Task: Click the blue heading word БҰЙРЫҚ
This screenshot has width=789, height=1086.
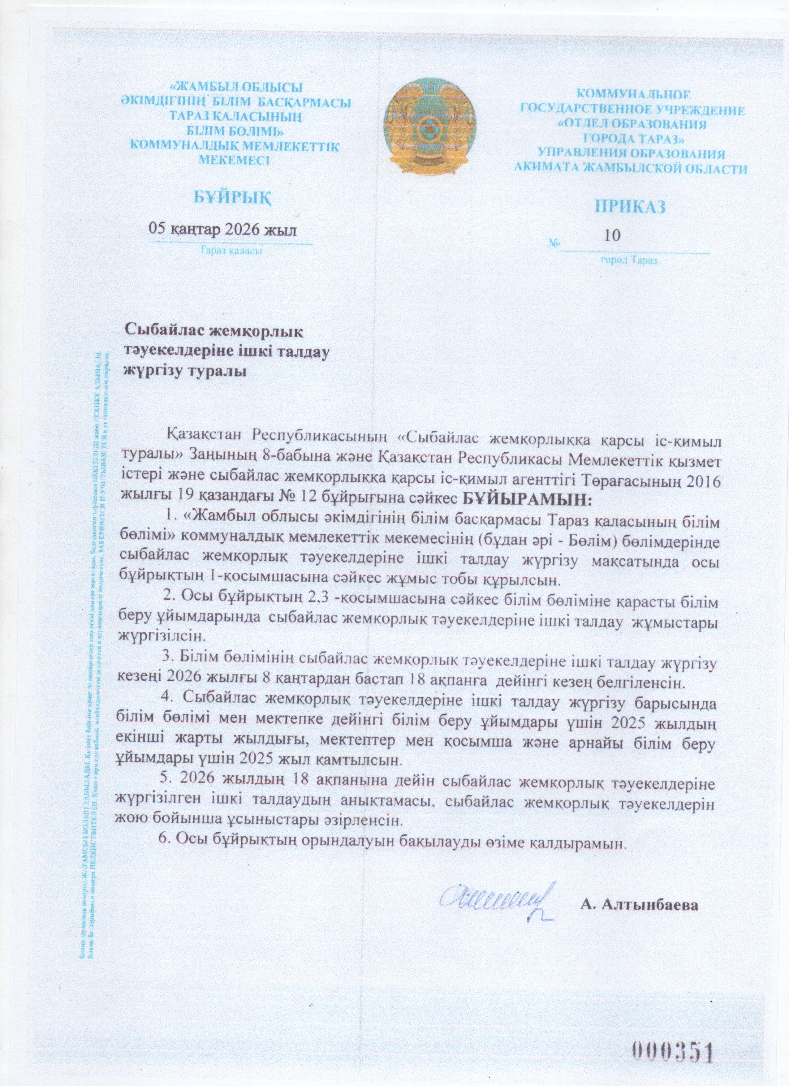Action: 234,197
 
